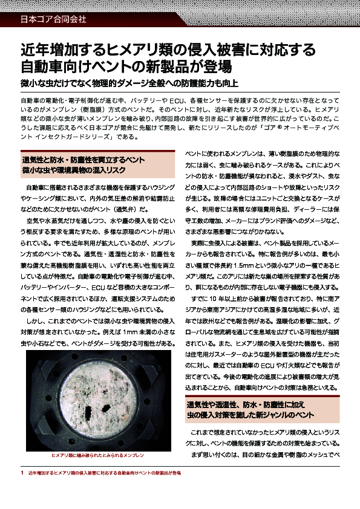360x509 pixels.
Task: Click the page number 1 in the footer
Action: [x=22, y=472]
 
